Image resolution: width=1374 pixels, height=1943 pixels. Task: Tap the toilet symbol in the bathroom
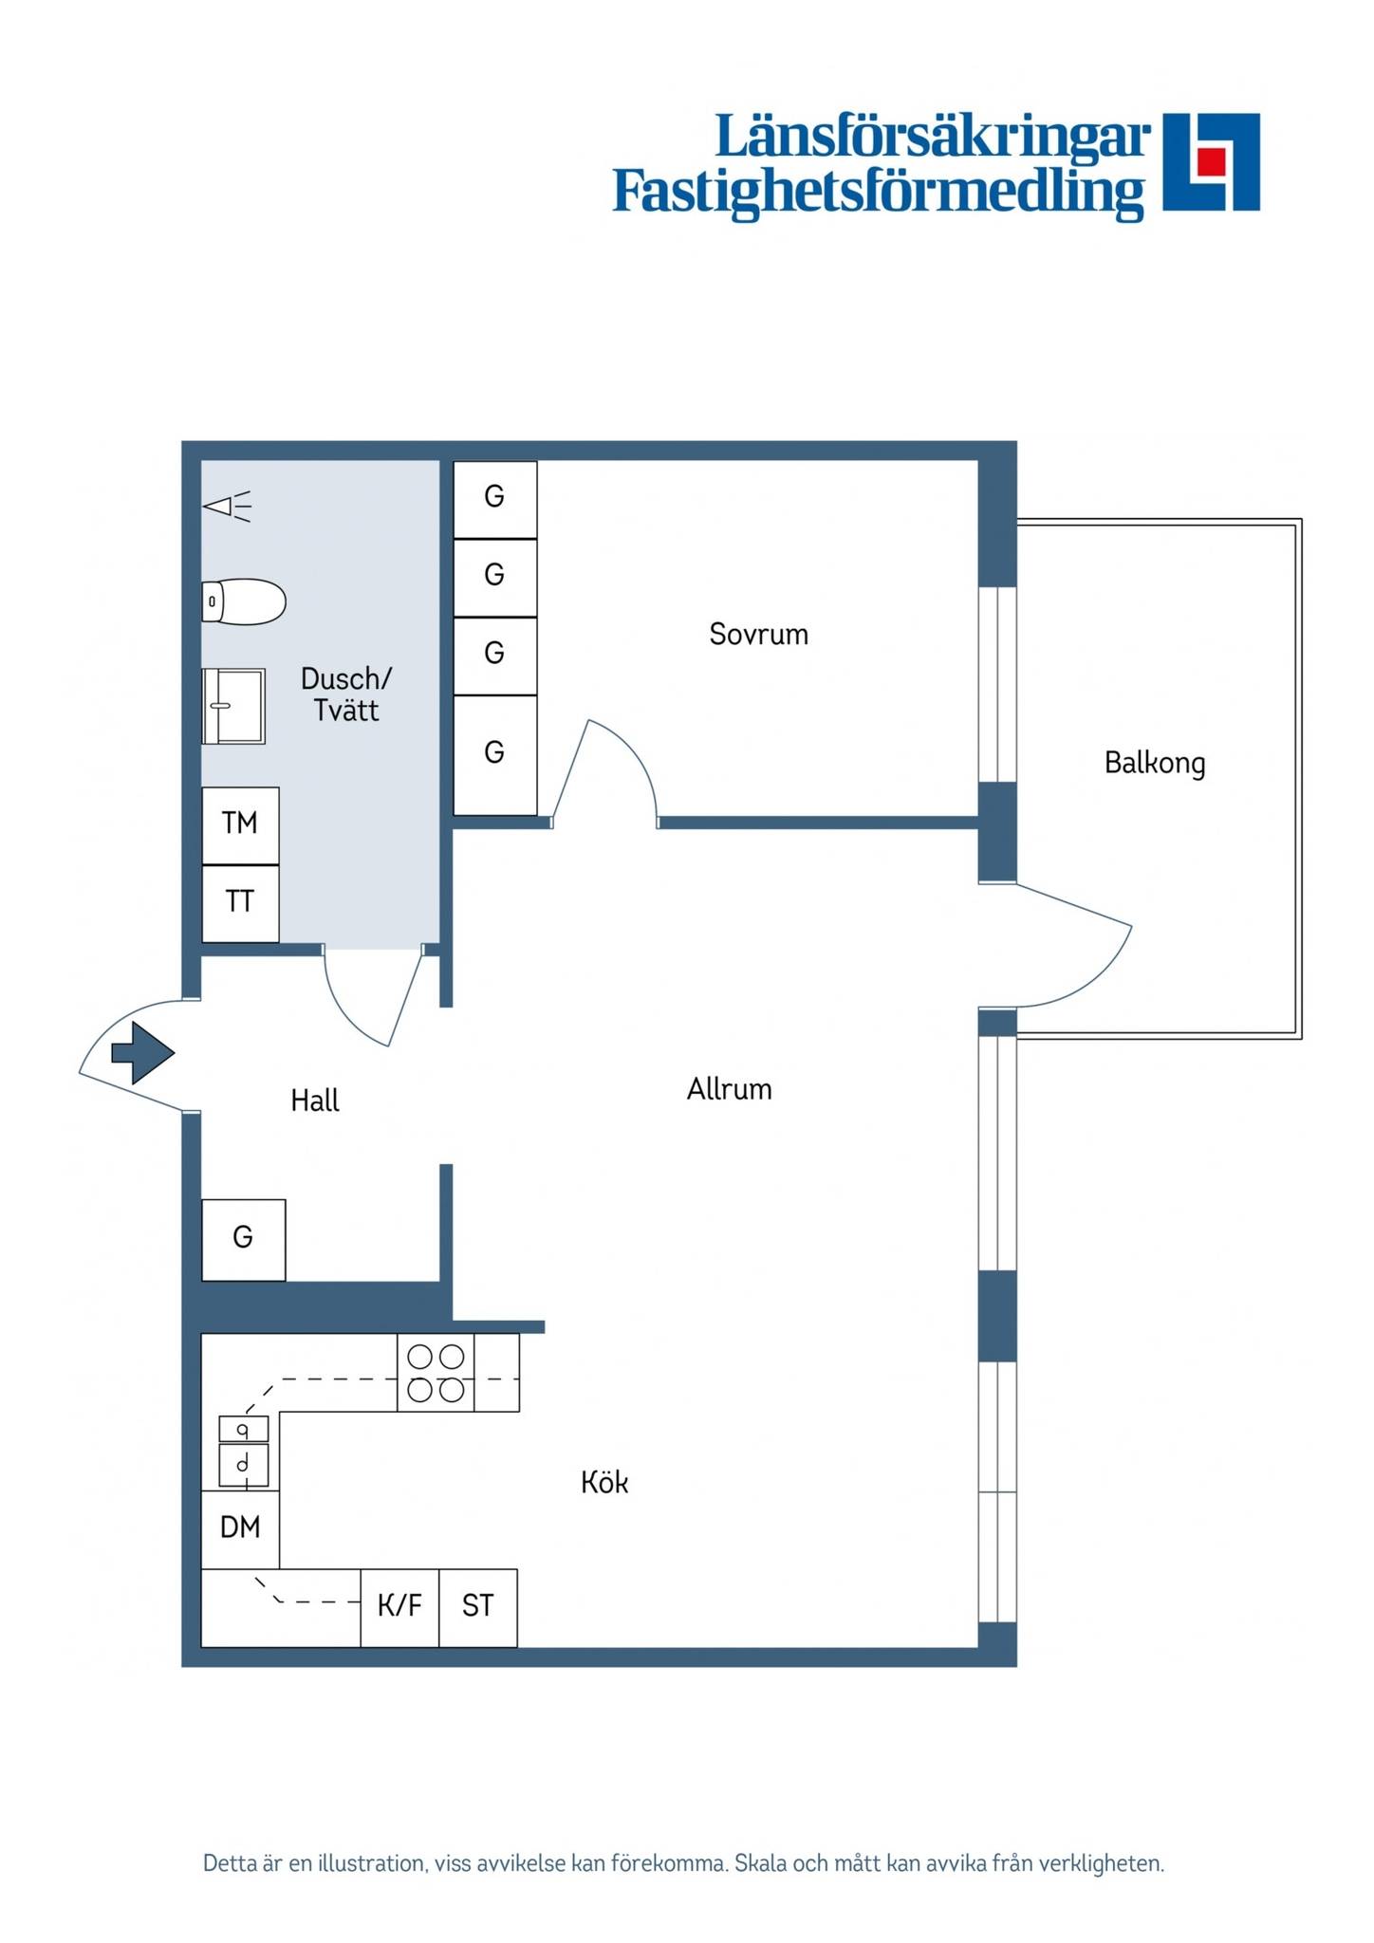point(244,601)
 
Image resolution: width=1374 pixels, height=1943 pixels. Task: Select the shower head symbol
point(228,507)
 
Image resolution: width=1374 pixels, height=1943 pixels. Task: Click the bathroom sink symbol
point(233,706)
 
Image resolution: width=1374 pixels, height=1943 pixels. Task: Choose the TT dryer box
point(241,903)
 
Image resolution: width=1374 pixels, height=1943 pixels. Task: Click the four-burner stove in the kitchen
point(436,1373)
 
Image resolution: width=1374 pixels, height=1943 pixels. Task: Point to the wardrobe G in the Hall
point(244,1240)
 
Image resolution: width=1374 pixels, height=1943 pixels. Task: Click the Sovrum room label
point(759,634)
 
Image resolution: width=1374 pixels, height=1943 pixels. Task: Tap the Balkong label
point(1155,763)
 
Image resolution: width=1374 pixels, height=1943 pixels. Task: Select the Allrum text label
point(729,1089)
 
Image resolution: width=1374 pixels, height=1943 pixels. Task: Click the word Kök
point(604,1481)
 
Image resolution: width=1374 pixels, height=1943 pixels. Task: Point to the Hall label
point(315,1101)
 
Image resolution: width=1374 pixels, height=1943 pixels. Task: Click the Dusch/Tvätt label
point(346,694)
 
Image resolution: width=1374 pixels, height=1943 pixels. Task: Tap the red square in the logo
point(1210,161)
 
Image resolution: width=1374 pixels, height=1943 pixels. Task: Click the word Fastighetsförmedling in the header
point(879,193)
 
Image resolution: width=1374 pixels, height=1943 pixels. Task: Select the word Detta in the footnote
point(231,1863)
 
